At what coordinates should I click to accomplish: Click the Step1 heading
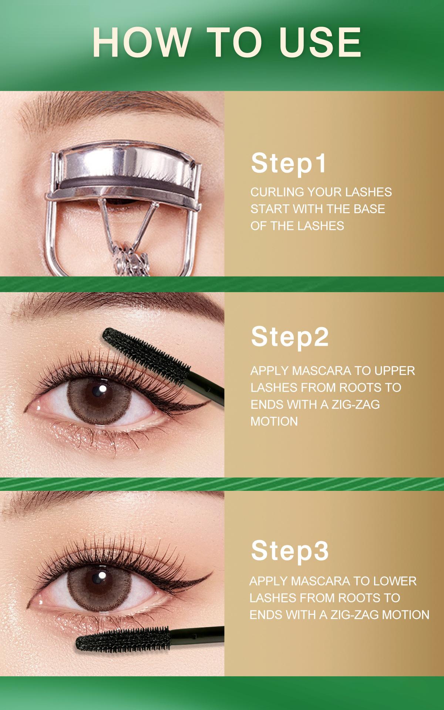[x=289, y=163]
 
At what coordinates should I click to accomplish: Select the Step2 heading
[x=289, y=337]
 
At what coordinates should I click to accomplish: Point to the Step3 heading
[x=289, y=550]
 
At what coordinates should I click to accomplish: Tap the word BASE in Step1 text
[x=369, y=209]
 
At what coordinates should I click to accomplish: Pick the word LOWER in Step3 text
[x=395, y=581]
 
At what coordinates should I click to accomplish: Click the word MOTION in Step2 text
[x=274, y=421]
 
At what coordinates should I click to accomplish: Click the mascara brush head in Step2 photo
[x=144, y=350]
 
